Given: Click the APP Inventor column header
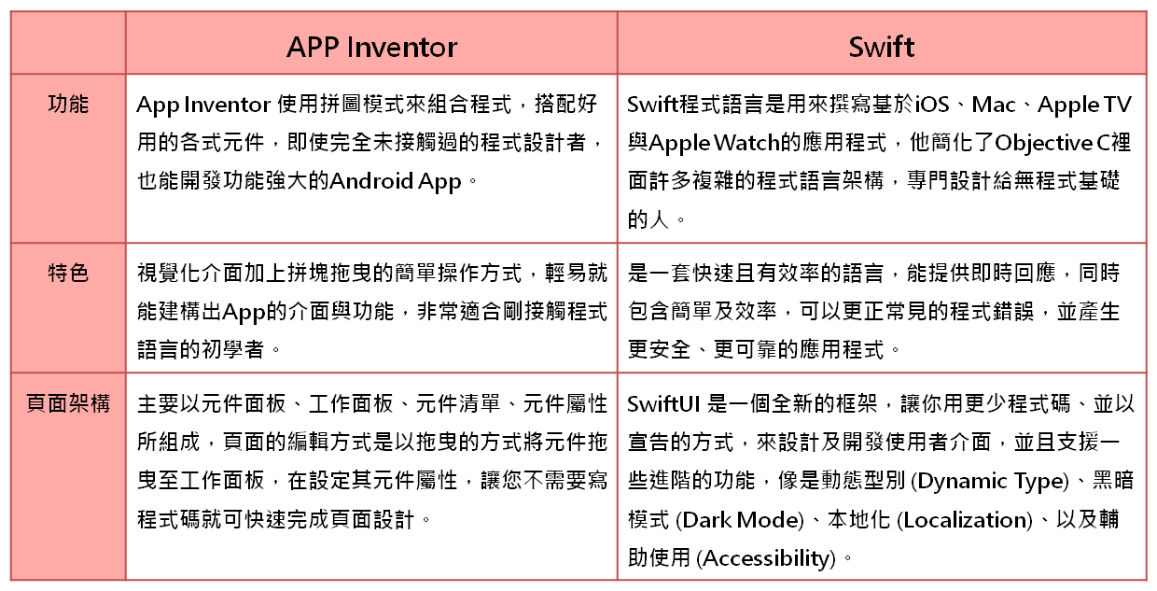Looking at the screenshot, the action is click(x=372, y=47).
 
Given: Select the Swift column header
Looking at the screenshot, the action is click(x=882, y=47).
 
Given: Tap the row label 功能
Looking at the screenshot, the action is click(x=68, y=104).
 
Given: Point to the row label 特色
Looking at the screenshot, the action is click(x=68, y=273).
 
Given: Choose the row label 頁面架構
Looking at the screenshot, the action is click(x=68, y=403).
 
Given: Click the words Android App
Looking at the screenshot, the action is click(x=395, y=181).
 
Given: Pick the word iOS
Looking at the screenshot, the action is click(x=932, y=105).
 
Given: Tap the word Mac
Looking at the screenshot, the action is click(x=994, y=105).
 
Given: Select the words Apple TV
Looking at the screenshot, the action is click(x=1084, y=106).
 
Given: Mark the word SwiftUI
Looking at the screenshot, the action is click(x=663, y=404).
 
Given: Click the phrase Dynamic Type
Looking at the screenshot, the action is click(x=990, y=482).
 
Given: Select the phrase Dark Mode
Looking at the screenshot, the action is click(x=741, y=520).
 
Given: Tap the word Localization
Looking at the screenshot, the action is click(x=965, y=520).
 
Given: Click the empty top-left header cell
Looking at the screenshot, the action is click(x=68, y=42).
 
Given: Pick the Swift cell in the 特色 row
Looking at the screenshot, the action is click(x=882, y=308).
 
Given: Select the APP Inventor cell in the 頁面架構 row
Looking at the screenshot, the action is click(x=372, y=476).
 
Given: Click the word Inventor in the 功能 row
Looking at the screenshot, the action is click(x=228, y=105).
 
